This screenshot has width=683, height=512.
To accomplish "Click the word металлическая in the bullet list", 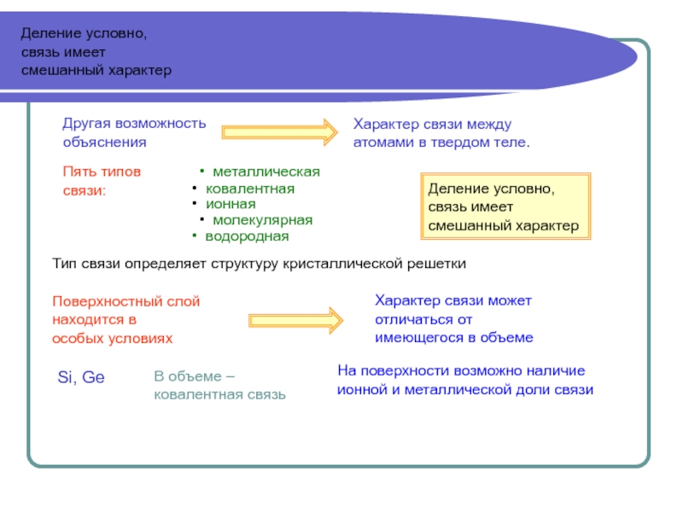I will tap(266, 172).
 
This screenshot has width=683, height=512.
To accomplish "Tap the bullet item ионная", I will tap(231, 204).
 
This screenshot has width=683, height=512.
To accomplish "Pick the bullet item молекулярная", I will tap(263, 219).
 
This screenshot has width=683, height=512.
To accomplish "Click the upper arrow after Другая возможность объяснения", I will tap(280, 132).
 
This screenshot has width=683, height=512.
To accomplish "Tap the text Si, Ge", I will tap(81, 377).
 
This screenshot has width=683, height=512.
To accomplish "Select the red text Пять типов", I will tap(101, 171).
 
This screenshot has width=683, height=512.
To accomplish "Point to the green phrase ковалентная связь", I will tap(219, 395).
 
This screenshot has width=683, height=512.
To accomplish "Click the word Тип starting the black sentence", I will tap(65, 264).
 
